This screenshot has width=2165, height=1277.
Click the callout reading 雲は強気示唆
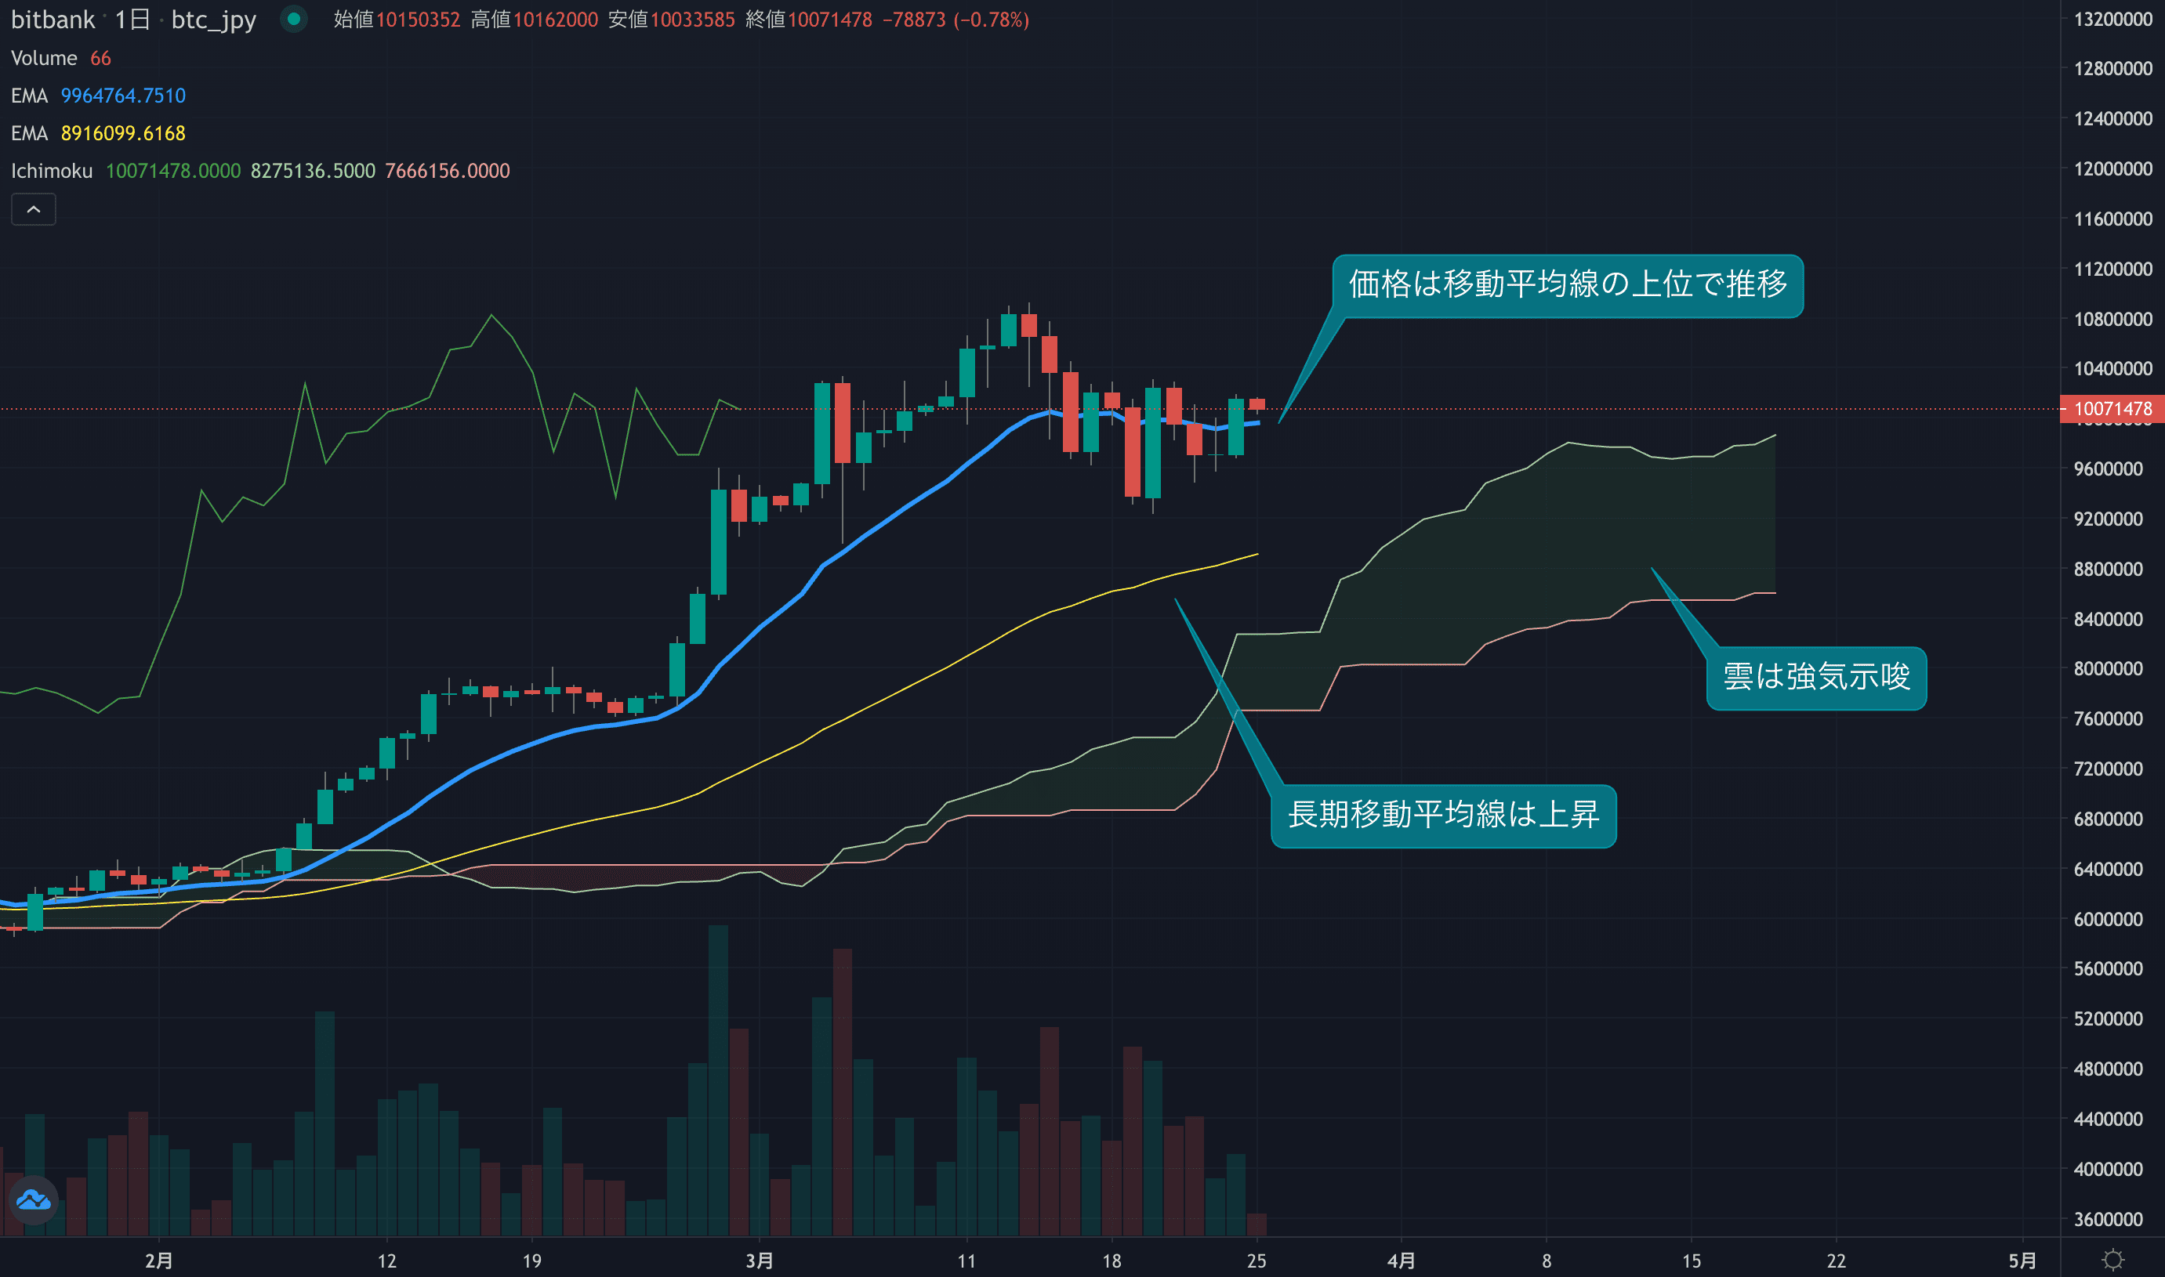point(1816,677)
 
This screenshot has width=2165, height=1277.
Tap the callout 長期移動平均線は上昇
point(1443,815)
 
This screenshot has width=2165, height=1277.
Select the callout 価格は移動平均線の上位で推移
point(1567,285)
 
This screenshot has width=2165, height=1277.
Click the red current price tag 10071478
point(2112,409)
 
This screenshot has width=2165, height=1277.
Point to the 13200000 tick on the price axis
point(2112,19)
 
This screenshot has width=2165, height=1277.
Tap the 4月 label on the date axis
point(1401,1261)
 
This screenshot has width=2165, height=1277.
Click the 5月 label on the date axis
point(2022,1261)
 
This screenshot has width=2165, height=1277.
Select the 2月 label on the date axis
point(158,1261)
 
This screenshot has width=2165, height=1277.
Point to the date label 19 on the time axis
point(532,1261)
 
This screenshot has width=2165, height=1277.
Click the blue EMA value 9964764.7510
point(123,96)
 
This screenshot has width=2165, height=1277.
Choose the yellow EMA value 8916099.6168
point(123,133)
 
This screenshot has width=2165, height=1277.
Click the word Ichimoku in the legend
point(52,172)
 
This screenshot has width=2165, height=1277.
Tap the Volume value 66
point(100,59)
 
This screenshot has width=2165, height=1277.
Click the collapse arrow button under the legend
point(34,209)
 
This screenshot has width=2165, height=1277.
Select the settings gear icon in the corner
point(2112,1261)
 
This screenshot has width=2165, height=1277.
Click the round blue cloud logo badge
point(34,1199)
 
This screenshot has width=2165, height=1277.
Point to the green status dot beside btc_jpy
point(293,19)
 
